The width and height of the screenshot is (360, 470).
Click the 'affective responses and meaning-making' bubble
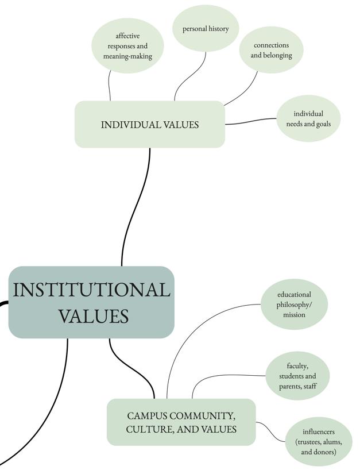(127, 46)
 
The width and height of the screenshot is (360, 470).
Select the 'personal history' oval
(206, 28)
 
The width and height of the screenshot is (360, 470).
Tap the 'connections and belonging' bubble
(271, 50)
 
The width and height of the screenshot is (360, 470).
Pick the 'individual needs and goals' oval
(308, 118)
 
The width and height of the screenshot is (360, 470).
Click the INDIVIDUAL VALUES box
(150, 125)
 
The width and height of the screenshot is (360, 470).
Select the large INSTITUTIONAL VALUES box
(91, 302)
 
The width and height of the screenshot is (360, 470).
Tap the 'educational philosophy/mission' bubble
(294, 305)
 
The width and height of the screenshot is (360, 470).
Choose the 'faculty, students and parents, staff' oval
(297, 376)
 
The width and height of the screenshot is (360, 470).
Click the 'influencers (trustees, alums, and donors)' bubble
(319, 442)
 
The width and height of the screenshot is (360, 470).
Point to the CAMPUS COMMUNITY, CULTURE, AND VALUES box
(181, 422)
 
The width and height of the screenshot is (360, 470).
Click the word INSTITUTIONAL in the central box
(91, 290)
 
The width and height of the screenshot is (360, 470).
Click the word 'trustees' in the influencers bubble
(311, 442)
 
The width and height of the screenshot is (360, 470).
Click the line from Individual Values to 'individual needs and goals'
(251, 122)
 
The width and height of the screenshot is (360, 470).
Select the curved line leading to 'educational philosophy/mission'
(189, 328)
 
